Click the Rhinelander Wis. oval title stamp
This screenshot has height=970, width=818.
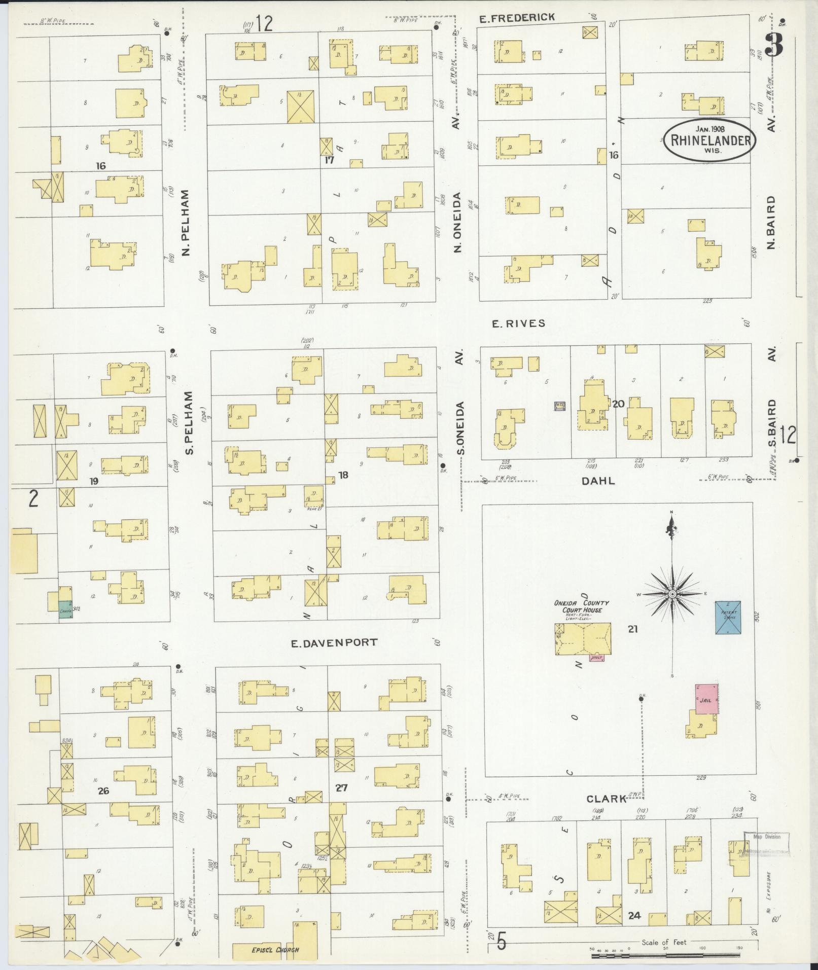tap(709, 139)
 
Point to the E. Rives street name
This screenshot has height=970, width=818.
tap(518, 323)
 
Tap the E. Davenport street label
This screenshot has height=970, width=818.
tap(334, 642)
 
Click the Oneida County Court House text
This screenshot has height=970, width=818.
tap(582, 606)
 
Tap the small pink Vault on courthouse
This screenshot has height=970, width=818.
tap(597, 658)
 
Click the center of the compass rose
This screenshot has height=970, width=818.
tap(672, 594)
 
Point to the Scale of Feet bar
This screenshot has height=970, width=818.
tap(674, 956)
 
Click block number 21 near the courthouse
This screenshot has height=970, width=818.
tap(632, 629)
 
